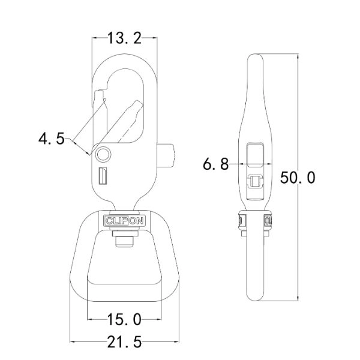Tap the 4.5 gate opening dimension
pos(52,139)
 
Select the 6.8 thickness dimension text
pos(215,164)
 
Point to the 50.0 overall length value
pos(298,178)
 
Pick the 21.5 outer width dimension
pos(124,342)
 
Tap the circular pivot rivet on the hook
pos(103,154)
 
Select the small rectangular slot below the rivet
pos(102,177)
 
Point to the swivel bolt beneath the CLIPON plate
pos(124,241)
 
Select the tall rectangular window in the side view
pos(256,154)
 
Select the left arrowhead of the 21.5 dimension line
pos(74,342)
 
